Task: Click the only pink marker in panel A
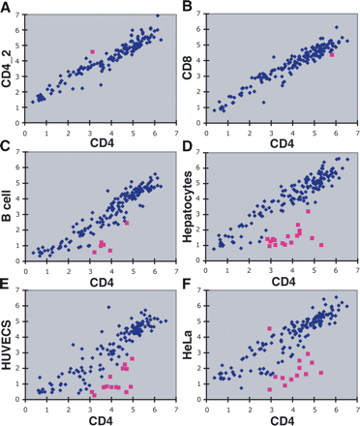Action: [92, 51]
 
